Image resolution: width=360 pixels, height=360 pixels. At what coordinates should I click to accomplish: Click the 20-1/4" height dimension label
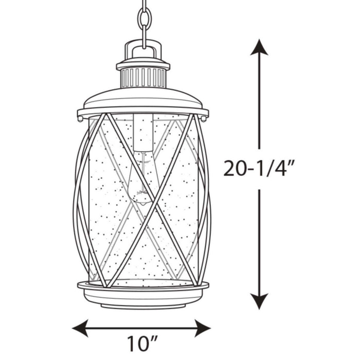pos(260,168)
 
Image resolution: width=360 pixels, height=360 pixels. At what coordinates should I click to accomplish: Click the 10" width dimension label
pos(142,343)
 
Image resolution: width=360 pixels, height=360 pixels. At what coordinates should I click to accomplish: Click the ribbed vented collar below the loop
pos(143,78)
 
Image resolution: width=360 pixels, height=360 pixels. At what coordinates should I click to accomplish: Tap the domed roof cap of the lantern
pos(143,98)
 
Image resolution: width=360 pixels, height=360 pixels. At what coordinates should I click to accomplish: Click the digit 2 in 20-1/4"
pos(230,168)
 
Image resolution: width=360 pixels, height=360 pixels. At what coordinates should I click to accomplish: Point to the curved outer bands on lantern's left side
pos(81,201)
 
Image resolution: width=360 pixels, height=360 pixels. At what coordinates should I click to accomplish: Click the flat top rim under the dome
pos(143,112)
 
